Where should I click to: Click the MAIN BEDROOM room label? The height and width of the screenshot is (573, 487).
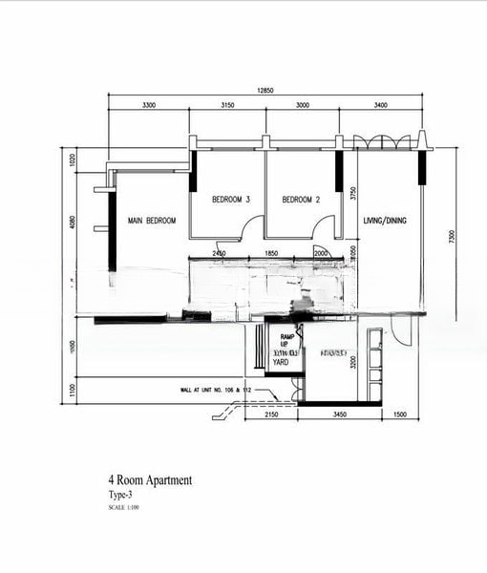click(152, 221)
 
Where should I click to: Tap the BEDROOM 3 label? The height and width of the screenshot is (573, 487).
click(231, 200)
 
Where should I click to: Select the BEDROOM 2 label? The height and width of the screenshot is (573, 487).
click(300, 200)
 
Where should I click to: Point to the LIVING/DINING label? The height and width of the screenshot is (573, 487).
click(385, 221)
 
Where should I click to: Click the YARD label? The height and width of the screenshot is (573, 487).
click(281, 363)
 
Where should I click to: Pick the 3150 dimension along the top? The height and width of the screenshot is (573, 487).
click(228, 104)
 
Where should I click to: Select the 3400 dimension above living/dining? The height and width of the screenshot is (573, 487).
click(380, 104)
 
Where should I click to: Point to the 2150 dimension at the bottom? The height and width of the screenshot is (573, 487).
click(270, 415)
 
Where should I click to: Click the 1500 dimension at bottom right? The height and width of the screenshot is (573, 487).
click(400, 415)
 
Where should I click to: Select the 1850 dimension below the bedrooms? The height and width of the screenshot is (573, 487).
click(270, 253)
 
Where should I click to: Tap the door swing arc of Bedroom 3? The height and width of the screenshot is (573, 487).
click(252, 227)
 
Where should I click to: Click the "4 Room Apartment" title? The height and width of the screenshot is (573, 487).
click(149, 480)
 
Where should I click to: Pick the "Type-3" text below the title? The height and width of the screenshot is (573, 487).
click(120, 496)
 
